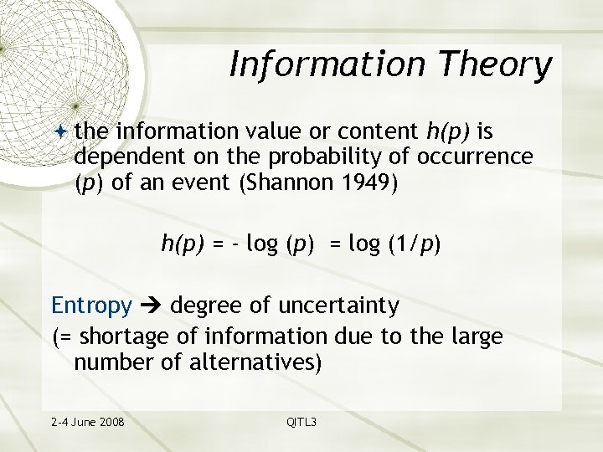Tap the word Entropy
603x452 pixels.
[91, 306]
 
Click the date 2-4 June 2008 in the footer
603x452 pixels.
[86, 421]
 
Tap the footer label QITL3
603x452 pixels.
[301, 421]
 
